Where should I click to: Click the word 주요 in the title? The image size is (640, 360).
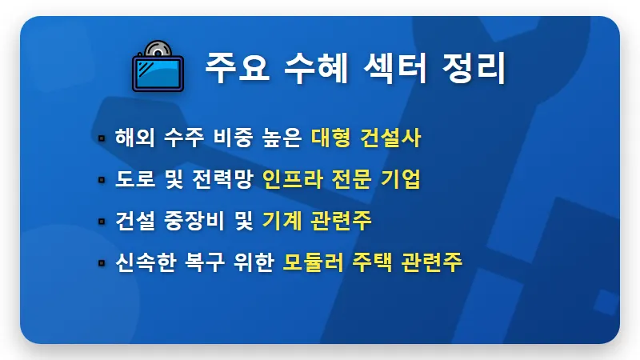coord(233,69)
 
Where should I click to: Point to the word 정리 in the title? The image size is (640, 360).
coord(478,69)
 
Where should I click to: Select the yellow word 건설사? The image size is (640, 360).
coord(394,138)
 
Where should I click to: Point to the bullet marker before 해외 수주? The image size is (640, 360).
coord(102,138)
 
